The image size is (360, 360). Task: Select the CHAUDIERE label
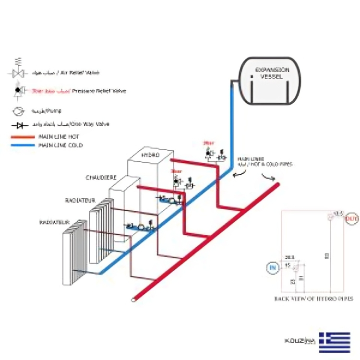pos(101,177)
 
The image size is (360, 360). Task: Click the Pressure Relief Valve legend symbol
pos(19,91)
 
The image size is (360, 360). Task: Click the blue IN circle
pos(273,267)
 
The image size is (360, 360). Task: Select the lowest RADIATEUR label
pos(54,223)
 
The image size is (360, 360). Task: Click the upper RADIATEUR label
pos(80,199)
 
